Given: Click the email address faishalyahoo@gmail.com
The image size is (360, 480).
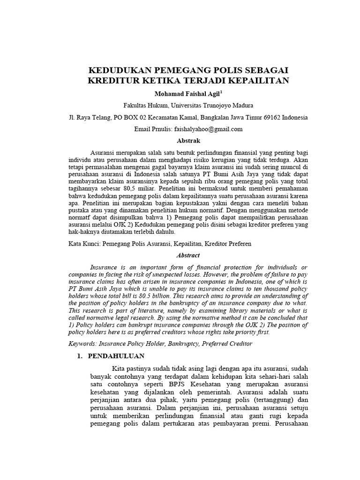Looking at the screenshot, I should tap(208, 129).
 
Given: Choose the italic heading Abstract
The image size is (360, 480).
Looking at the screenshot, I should tap(188, 255).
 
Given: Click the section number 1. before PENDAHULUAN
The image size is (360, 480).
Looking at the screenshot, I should tap(80, 356).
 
